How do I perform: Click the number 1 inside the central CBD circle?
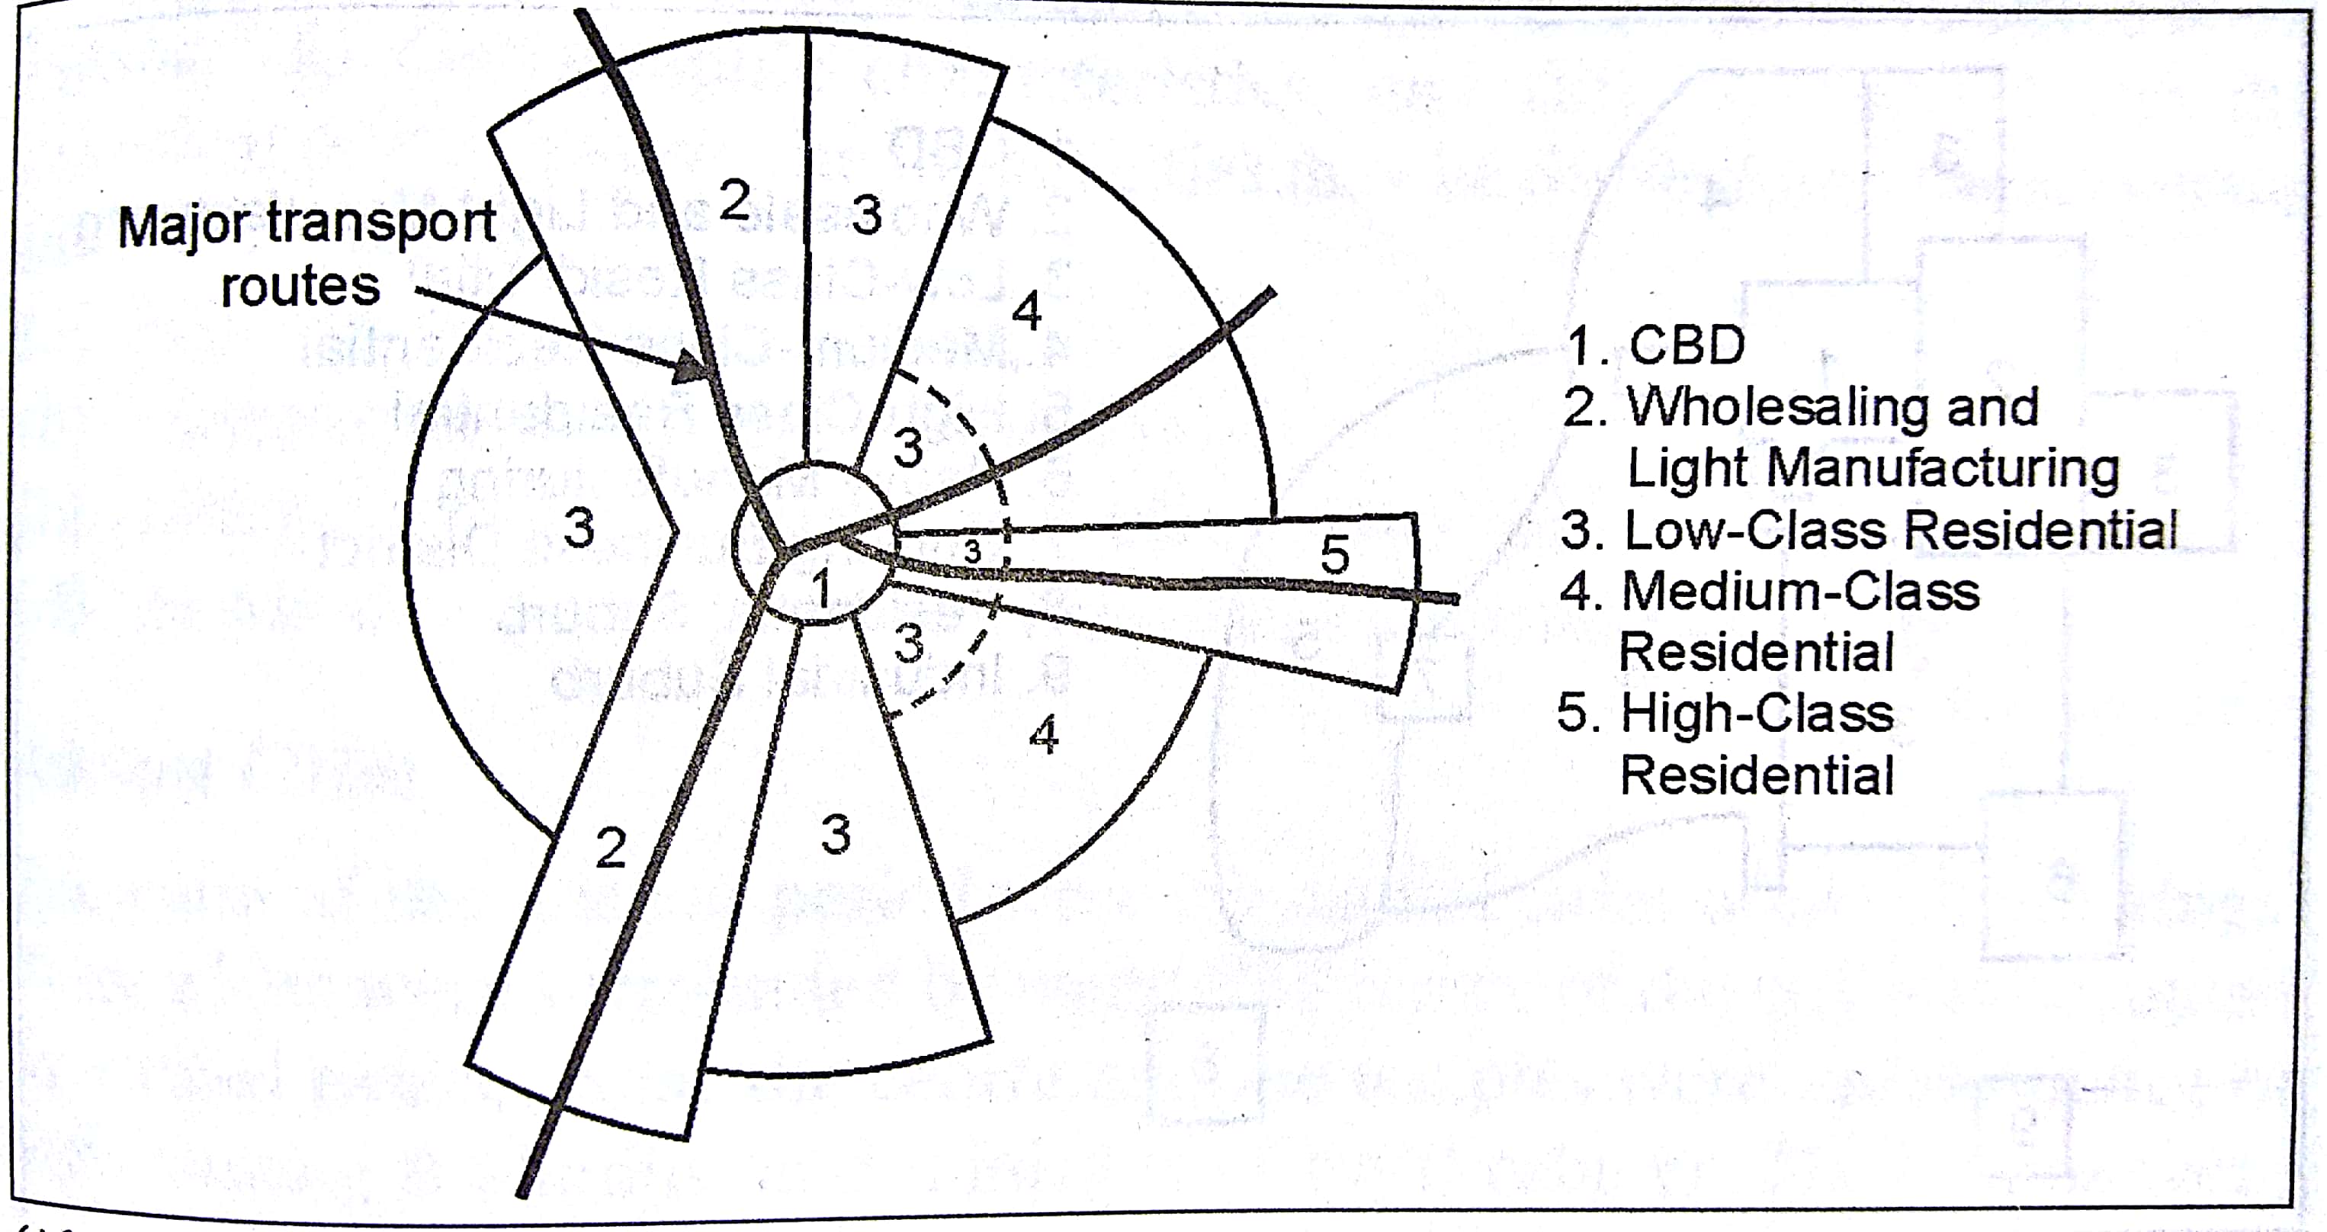820,590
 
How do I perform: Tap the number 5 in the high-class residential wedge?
1334,553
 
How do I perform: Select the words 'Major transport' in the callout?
307,224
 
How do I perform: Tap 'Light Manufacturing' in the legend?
1873,469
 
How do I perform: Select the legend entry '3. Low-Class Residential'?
1869,530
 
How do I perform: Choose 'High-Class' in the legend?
1756,714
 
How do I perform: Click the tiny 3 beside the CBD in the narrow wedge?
972,551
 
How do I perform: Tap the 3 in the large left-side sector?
579,528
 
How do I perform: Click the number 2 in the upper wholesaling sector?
734,201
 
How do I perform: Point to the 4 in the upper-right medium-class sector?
1027,313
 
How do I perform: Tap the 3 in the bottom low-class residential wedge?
836,835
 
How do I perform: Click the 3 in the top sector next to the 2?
866,216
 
